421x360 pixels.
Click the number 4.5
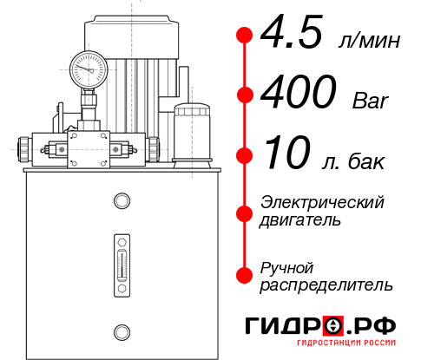tap(293, 36)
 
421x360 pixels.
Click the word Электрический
tap(322, 202)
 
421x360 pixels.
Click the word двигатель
tap(300, 220)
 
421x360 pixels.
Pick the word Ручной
tap(286, 266)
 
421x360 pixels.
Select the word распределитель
tap(326, 285)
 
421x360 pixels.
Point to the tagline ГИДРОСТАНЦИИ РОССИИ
tap(339, 347)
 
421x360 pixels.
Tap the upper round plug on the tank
tap(121, 201)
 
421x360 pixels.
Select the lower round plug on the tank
tap(121, 330)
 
